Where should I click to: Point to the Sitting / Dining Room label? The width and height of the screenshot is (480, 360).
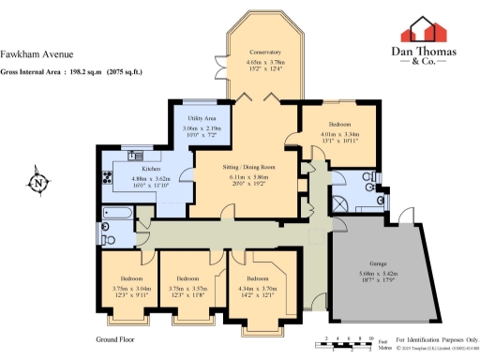click(x=246, y=166)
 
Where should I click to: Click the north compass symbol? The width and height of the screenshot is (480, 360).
click(x=37, y=183)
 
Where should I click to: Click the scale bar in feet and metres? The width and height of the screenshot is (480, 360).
click(x=347, y=343)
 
